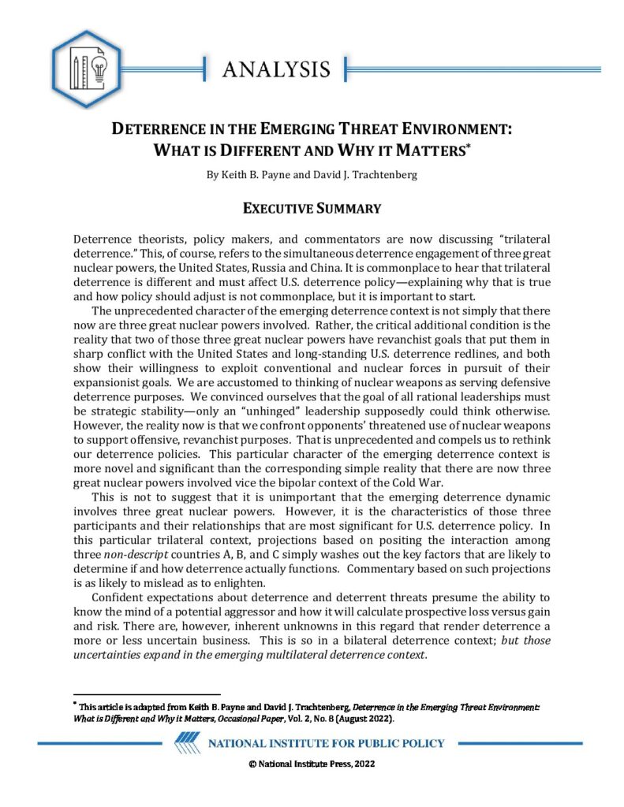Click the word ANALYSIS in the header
[x=275, y=69]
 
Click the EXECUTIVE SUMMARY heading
[x=312, y=209]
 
